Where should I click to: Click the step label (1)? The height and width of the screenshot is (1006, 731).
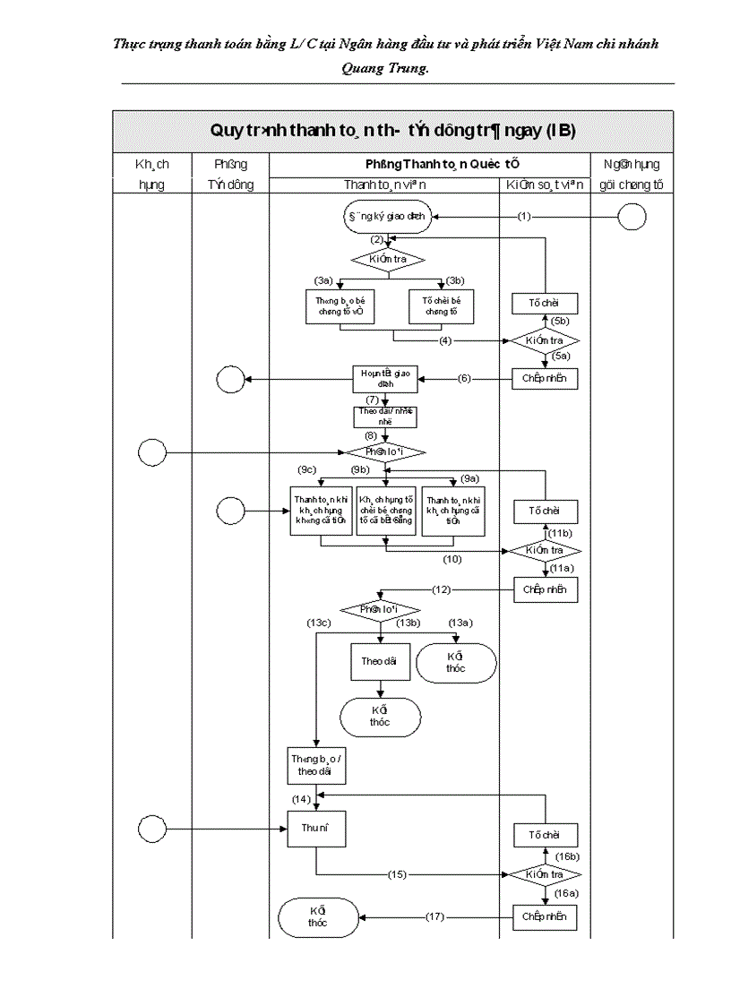click(524, 217)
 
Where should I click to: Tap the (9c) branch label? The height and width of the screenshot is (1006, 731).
click(307, 469)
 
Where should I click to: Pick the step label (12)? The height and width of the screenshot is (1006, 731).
click(442, 589)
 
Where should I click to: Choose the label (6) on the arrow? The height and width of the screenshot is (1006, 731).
click(464, 379)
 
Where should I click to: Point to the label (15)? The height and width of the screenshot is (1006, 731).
click(398, 873)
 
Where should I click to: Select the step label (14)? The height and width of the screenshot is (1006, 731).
click(301, 798)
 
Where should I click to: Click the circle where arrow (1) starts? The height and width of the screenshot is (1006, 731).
click(632, 217)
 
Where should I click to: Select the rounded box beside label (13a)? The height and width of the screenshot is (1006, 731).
click(455, 663)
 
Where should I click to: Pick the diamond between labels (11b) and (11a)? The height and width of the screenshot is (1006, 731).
click(546, 550)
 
